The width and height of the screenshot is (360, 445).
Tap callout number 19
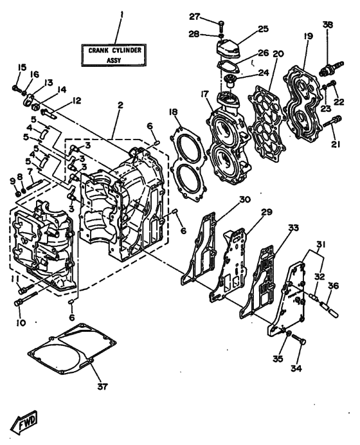click(308, 37)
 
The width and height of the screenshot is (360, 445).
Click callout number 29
click(266, 212)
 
